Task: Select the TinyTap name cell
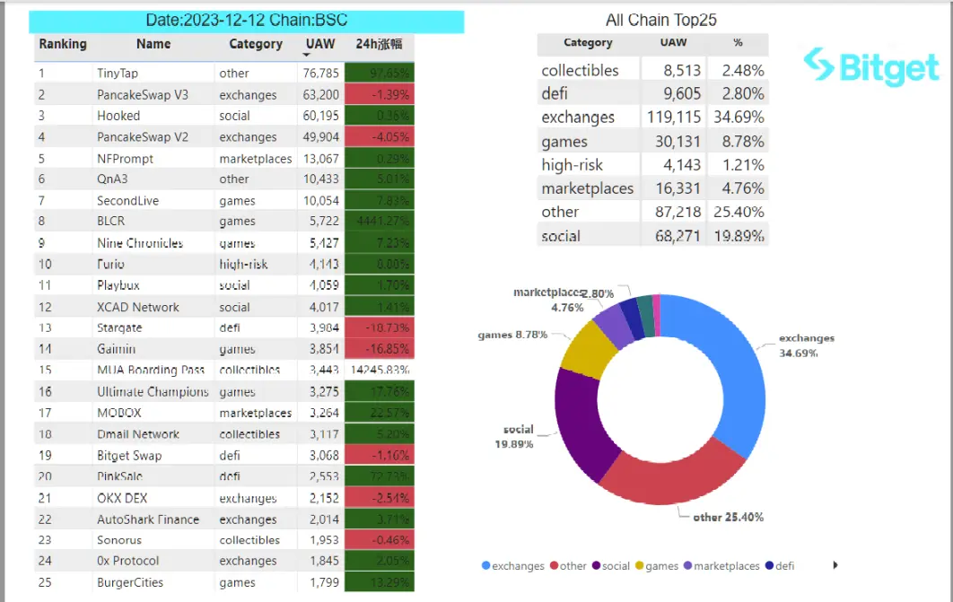click(118, 73)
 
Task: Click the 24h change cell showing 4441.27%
click(380, 222)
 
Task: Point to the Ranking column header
click(63, 44)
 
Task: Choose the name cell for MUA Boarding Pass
click(151, 370)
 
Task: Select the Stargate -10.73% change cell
click(380, 328)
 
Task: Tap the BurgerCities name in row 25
click(130, 582)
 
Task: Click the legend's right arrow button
click(836, 565)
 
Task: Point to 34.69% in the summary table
click(736, 118)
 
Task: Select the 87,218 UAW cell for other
click(672, 213)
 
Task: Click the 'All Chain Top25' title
click(661, 20)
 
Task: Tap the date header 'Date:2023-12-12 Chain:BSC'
click(247, 21)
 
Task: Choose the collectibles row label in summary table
click(580, 71)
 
